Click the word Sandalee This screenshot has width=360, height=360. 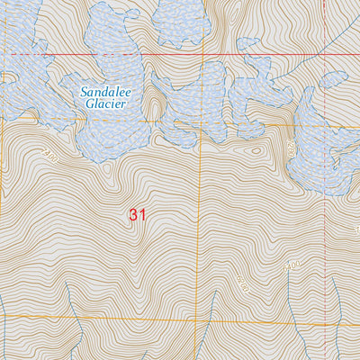103,92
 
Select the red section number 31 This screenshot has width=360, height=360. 137,215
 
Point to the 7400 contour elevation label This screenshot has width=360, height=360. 49,156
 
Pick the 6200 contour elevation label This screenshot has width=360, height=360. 244,287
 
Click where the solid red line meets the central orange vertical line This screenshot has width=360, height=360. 200,55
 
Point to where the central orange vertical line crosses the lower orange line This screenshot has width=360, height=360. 200,321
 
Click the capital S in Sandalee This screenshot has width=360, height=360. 84,92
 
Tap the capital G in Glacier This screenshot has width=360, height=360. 90,103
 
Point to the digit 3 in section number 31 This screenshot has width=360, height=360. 132,215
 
